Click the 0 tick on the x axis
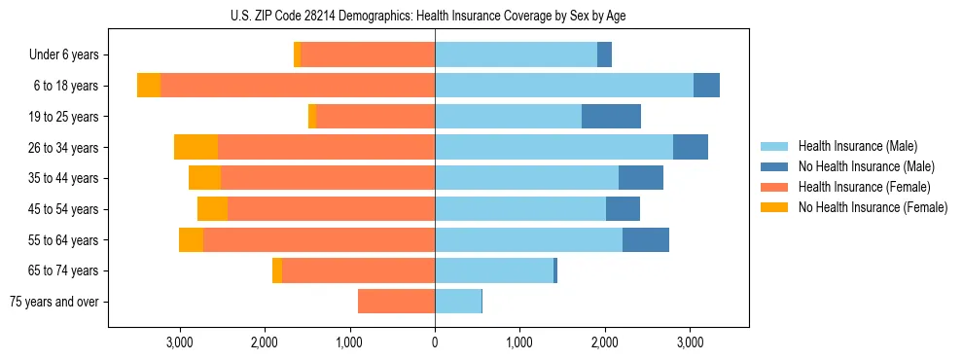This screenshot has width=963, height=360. tap(435, 342)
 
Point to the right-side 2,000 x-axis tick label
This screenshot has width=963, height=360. tap(605, 342)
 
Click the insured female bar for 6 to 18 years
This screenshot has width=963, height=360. tap(298, 86)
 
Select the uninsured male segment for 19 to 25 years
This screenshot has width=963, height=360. tap(611, 117)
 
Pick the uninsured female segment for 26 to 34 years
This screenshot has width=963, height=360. tap(196, 147)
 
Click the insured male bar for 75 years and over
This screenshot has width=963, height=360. tap(458, 302)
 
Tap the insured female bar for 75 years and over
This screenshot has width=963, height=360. tap(396, 302)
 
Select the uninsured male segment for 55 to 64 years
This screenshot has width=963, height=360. tap(646, 239)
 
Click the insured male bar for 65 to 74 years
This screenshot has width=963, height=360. tap(494, 270)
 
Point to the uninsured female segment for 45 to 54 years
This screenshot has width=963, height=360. tap(212, 209)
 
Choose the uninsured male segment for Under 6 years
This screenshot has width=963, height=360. tap(604, 55)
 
